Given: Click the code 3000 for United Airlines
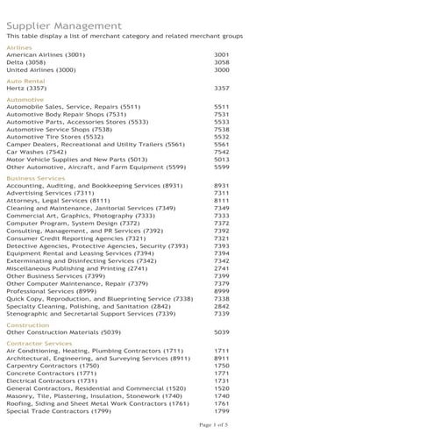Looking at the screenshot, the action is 221,70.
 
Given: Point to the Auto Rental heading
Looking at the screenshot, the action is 25,81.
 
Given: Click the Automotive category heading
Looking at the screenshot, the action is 25,99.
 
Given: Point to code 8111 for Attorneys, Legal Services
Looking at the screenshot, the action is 221,201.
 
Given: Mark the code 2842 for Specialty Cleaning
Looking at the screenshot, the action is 221,306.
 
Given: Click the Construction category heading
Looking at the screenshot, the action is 27,324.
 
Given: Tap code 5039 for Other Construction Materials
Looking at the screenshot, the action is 221,332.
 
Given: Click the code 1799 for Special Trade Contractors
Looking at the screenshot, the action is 221,410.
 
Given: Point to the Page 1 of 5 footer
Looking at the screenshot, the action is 214,425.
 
